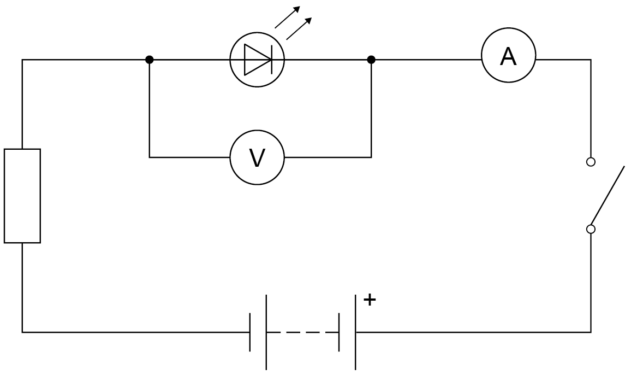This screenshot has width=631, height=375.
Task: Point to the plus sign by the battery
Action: (x=370, y=300)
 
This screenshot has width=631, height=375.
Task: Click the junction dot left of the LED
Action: (x=150, y=60)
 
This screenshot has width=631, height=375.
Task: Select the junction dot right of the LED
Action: (x=371, y=60)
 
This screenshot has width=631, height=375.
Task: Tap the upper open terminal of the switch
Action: (x=591, y=162)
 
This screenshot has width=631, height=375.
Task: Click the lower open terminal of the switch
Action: (x=591, y=229)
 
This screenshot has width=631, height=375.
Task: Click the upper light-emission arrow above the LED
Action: (x=287, y=17)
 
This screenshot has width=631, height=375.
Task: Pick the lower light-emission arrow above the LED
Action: (x=299, y=28)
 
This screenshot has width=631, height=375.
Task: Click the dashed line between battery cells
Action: (x=302, y=332)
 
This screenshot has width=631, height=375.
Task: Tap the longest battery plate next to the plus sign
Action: (x=356, y=332)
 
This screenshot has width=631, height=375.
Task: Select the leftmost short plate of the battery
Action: (x=250, y=332)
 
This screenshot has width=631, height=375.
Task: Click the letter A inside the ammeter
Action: (x=508, y=56)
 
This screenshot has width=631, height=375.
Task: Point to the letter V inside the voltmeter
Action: (x=257, y=157)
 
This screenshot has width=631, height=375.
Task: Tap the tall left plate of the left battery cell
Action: (x=266, y=332)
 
